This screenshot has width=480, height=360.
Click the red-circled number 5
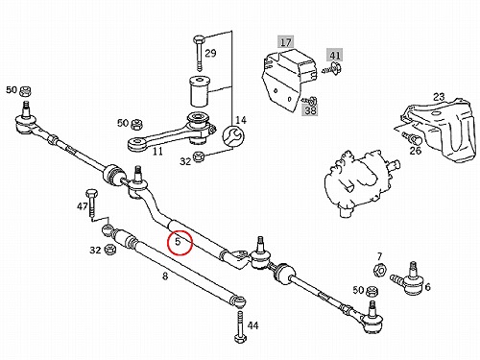pyautogui.click(x=178, y=242)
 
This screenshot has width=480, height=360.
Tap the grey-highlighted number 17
pyautogui.click(x=286, y=42)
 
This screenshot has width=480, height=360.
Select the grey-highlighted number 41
pyautogui.click(x=334, y=55)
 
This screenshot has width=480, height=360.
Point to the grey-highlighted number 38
pyautogui.click(x=310, y=110)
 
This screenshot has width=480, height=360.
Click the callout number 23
pyautogui.click(x=439, y=97)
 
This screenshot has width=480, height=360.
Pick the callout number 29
pyautogui.click(x=210, y=53)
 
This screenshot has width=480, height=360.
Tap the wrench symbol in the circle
pyautogui.click(x=233, y=137)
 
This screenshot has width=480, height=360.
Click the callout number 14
pyautogui.click(x=241, y=120)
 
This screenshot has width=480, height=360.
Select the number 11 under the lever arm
pyautogui.click(x=157, y=151)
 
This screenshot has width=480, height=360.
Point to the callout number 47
pyautogui.click(x=83, y=206)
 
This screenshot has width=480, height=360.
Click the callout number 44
pyautogui.click(x=252, y=325)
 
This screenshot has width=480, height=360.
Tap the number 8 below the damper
pyautogui.click(x=165, y=276)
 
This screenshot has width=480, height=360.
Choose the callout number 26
pyautogui.click(x=416, y=151)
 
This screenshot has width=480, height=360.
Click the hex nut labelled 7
pyautogui.click(x=380, y=271)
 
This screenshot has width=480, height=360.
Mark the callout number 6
pyautogui.click(x=427, y=287)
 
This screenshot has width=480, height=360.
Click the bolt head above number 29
pyautogui.click(x=198, y=39)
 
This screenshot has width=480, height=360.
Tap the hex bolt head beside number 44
pyautogui.click(x=239, y=338)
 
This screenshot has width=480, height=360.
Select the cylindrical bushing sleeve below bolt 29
pyautogui.click(x=200, y=91)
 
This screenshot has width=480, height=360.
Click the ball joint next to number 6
pyautogui.click(x=409, y=279)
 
